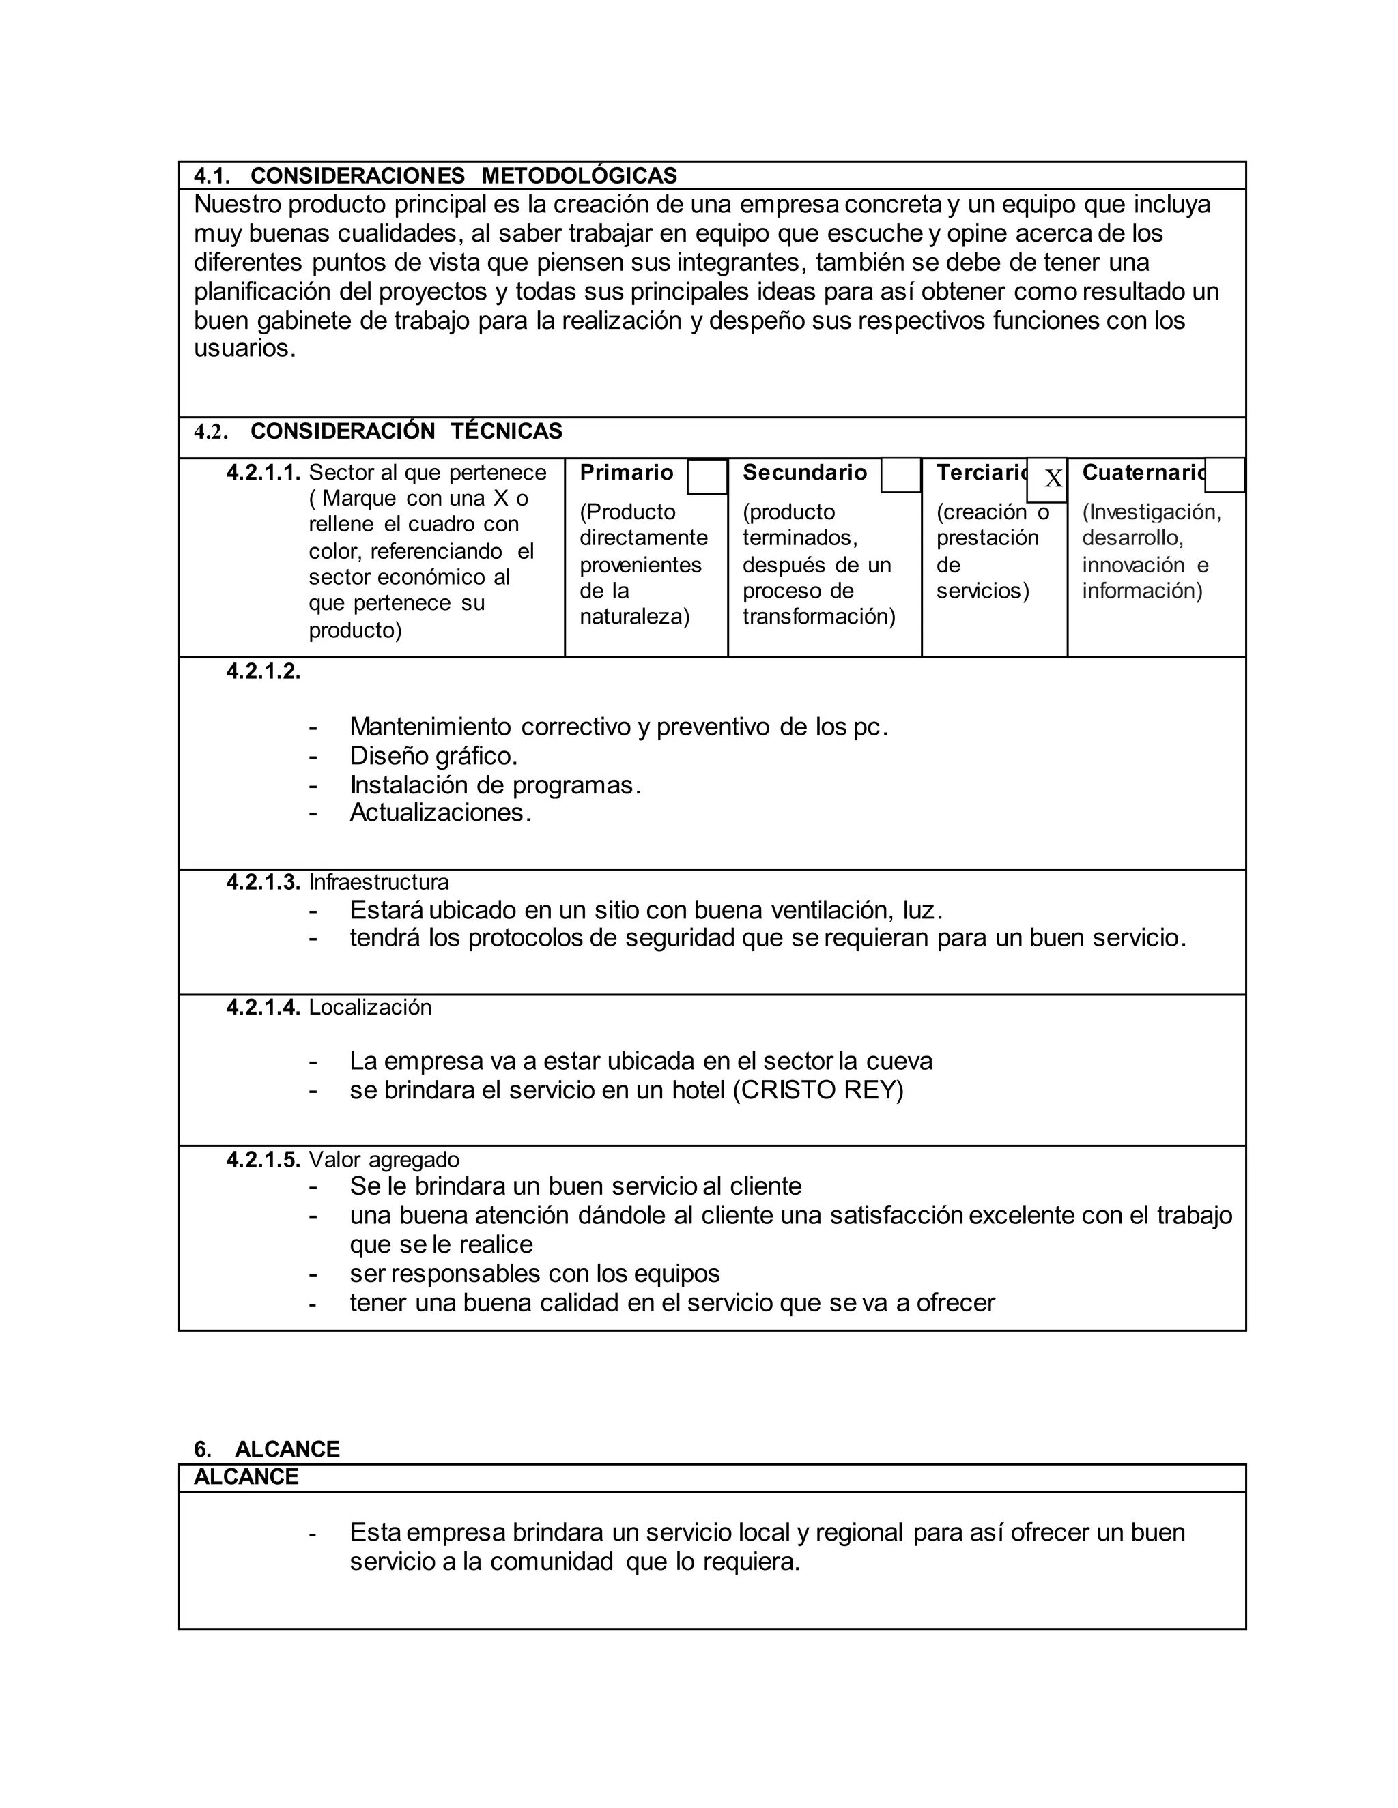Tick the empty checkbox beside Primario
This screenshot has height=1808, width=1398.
tap(707, 477)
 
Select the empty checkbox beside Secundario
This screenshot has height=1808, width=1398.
tap(900, 475)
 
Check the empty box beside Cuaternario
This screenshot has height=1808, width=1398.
tap(1224, 475)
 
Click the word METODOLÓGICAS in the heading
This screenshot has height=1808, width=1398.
tap(578, 175)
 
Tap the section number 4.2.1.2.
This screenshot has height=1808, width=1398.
tap(263, 671)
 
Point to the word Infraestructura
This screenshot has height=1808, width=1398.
tap(378, 881)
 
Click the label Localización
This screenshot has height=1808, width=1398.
tap(370, 1008)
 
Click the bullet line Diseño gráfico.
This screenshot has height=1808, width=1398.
tap(433, 756)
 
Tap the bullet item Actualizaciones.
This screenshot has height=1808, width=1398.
tap(440, 813)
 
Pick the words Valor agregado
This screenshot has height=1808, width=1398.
tap(384, 1160)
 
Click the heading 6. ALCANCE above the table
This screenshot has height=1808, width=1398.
tap(267, 1448)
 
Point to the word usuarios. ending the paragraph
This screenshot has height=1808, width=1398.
tap(244, 349)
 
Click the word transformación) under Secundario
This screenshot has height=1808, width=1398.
tap(818, 617)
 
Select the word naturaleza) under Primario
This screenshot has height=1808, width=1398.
tap(634, 617)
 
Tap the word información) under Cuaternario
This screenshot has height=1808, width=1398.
tap(1141, 590)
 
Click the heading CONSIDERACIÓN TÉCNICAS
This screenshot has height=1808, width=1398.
tap(406, 431)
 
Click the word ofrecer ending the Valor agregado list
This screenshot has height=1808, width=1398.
tap(955, 1303)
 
